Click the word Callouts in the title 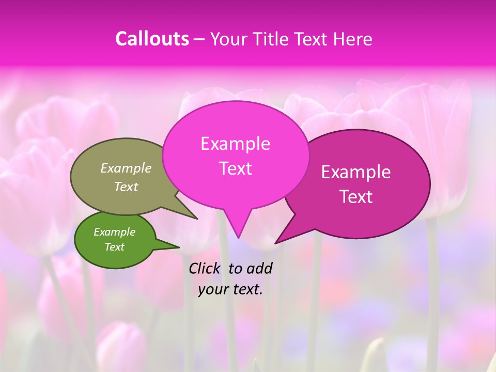pyautogui.click(x=152, y=39)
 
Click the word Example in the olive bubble pyautogui.click(x=126, y=168)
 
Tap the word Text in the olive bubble pyautogui.click(x=126, y=187)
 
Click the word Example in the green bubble pyautogui.click(x=114, y=232)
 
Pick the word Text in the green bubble pyautogui.click(x=114, y=247)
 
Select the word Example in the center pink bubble pyautogui.click(x=235, y=144)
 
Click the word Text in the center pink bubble pyautogui.click(x=235, y=168)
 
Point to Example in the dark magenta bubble pyautogui.click(x=356, y=172)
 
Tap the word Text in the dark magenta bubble pyautogui.click(x=356, y=197)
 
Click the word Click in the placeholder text pyautogui.click(x=206, y=268)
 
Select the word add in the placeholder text pyautogui.click(x=259, y=268)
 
